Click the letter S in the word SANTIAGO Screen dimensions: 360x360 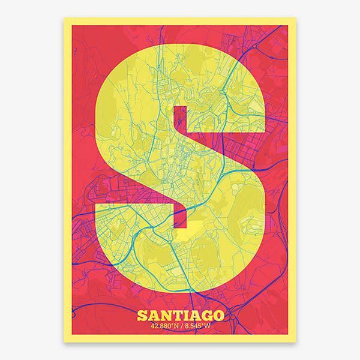pyautogui.click(x=142, y=316)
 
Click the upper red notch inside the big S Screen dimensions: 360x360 pyautogui.click(x=181, y=119)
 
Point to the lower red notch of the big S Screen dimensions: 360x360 pyautogui.click(x=181, y=216)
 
